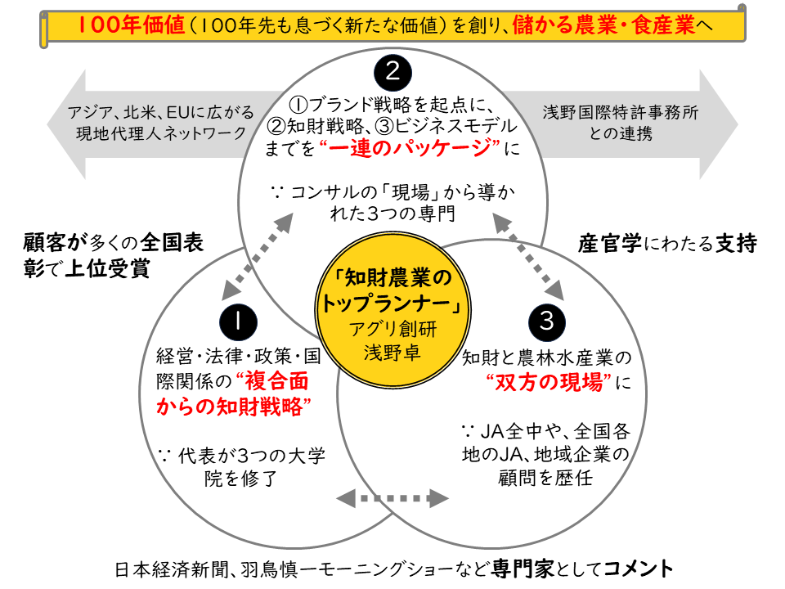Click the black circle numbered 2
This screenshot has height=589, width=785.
click(x=392, y=72)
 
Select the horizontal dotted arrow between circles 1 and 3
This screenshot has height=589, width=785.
click(x=393, y=497)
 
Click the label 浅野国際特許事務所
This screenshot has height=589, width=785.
click(x=621, y=113)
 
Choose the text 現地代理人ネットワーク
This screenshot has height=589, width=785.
click(x=161, y=133)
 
